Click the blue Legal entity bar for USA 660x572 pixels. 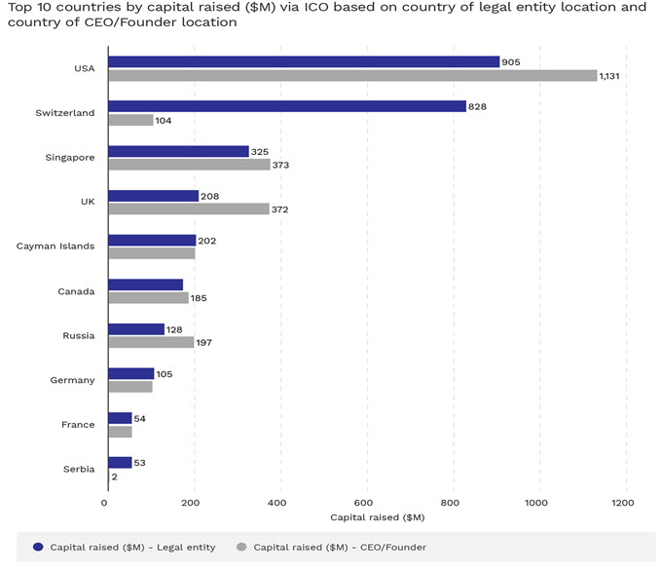[x=304, y=62]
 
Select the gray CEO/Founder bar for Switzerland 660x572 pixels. [x=130, y=120]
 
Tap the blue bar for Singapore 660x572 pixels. [x=178, y=151]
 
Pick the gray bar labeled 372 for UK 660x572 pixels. [x=189, y=209]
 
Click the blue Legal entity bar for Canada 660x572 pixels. [x=146, y=285]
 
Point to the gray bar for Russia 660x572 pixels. [x=151, y=342]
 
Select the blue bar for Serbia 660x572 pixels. [x=120, y=463]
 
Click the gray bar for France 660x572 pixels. [x=120, y=432]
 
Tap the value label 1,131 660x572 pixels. [x=609, y=76]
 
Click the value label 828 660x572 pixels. [x=477, y=107]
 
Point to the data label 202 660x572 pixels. [x=207, y=241]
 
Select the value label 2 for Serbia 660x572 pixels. [x=114, y=477]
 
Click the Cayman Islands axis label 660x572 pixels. [x=55, y=246]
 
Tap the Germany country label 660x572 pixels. [x=72, y=380]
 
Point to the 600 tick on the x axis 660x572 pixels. [x=363, y=503]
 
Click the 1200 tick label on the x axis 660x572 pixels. [x=623, y=503]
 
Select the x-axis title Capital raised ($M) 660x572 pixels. [x=378, y=517]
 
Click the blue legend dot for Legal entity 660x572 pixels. [x=38, y=547]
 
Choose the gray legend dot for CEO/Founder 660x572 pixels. [x=241, y=547]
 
